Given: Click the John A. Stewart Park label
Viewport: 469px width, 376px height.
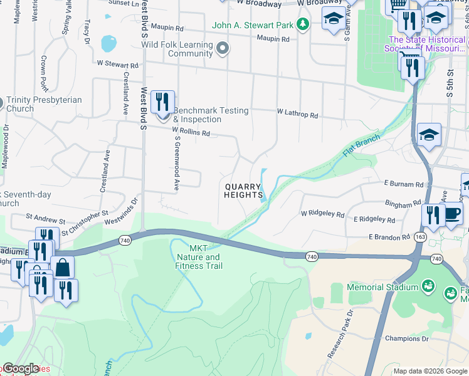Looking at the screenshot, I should (x=253, y=25).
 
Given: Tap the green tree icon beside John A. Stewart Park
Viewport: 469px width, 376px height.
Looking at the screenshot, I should (x=303, y=24).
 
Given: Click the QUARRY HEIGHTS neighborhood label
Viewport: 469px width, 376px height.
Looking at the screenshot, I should (x=243, y=191).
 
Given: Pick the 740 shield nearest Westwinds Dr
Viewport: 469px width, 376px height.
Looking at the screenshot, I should (x=124, y=240).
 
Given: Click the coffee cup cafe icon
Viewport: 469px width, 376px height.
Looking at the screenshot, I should (x=453, y=214).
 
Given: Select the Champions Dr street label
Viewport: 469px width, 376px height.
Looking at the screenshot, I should (x=406, y=338).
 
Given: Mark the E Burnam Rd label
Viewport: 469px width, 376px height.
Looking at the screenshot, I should (x=404, y=185).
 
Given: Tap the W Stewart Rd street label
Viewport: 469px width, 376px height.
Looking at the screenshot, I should (x=117, y=65).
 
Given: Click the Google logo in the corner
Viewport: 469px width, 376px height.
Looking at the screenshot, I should (x=20, y=368).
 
